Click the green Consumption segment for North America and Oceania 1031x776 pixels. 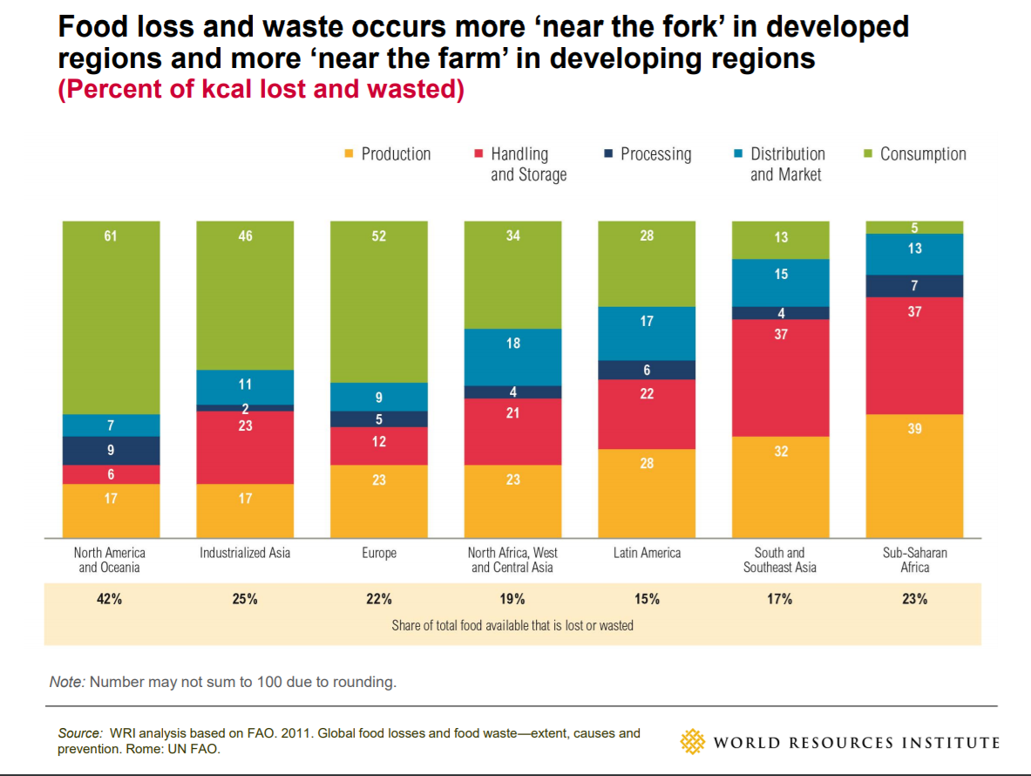click(111, 317)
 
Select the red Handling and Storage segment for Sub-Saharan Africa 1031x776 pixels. click(913, 355)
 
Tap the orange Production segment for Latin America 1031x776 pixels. click(647, 493)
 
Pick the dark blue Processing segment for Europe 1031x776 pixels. click(379, 419)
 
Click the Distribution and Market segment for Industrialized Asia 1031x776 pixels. click(245, 387)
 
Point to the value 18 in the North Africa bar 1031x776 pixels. click(512, 344)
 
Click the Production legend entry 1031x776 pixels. click(387, 154)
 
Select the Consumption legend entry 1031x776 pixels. click(914, 154)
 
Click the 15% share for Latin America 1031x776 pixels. click(647, 599)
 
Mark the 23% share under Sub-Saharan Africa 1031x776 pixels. click(915, 599)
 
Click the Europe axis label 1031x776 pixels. click(379, 553)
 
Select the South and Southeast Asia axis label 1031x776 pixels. click(780, 560)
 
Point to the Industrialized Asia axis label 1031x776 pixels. click(245, 553)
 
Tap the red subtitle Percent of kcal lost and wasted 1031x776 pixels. click(261, 90)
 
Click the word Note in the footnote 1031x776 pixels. click(66, 682)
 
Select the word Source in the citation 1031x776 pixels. click(79, 733)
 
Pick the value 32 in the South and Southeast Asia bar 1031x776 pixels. click(780, 451)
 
